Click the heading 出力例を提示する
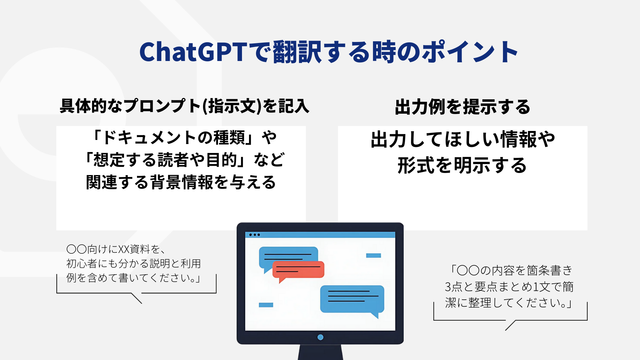(462, 107)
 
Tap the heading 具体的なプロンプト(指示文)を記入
(184, 106)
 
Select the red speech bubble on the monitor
(298, 271)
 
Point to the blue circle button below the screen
(320, 337)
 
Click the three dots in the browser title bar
(254, 235)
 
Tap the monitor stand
(320, 352)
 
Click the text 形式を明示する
(462, 165)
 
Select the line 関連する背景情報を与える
(181, 182)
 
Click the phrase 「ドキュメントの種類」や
(184, 137)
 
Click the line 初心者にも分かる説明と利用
(134, 263)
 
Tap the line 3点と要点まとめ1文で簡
(509, 287)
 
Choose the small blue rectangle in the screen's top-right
(373, 256)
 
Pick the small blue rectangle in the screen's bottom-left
(266, 305)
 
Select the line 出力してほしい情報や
(463, 139)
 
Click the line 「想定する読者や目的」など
(184, 160)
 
